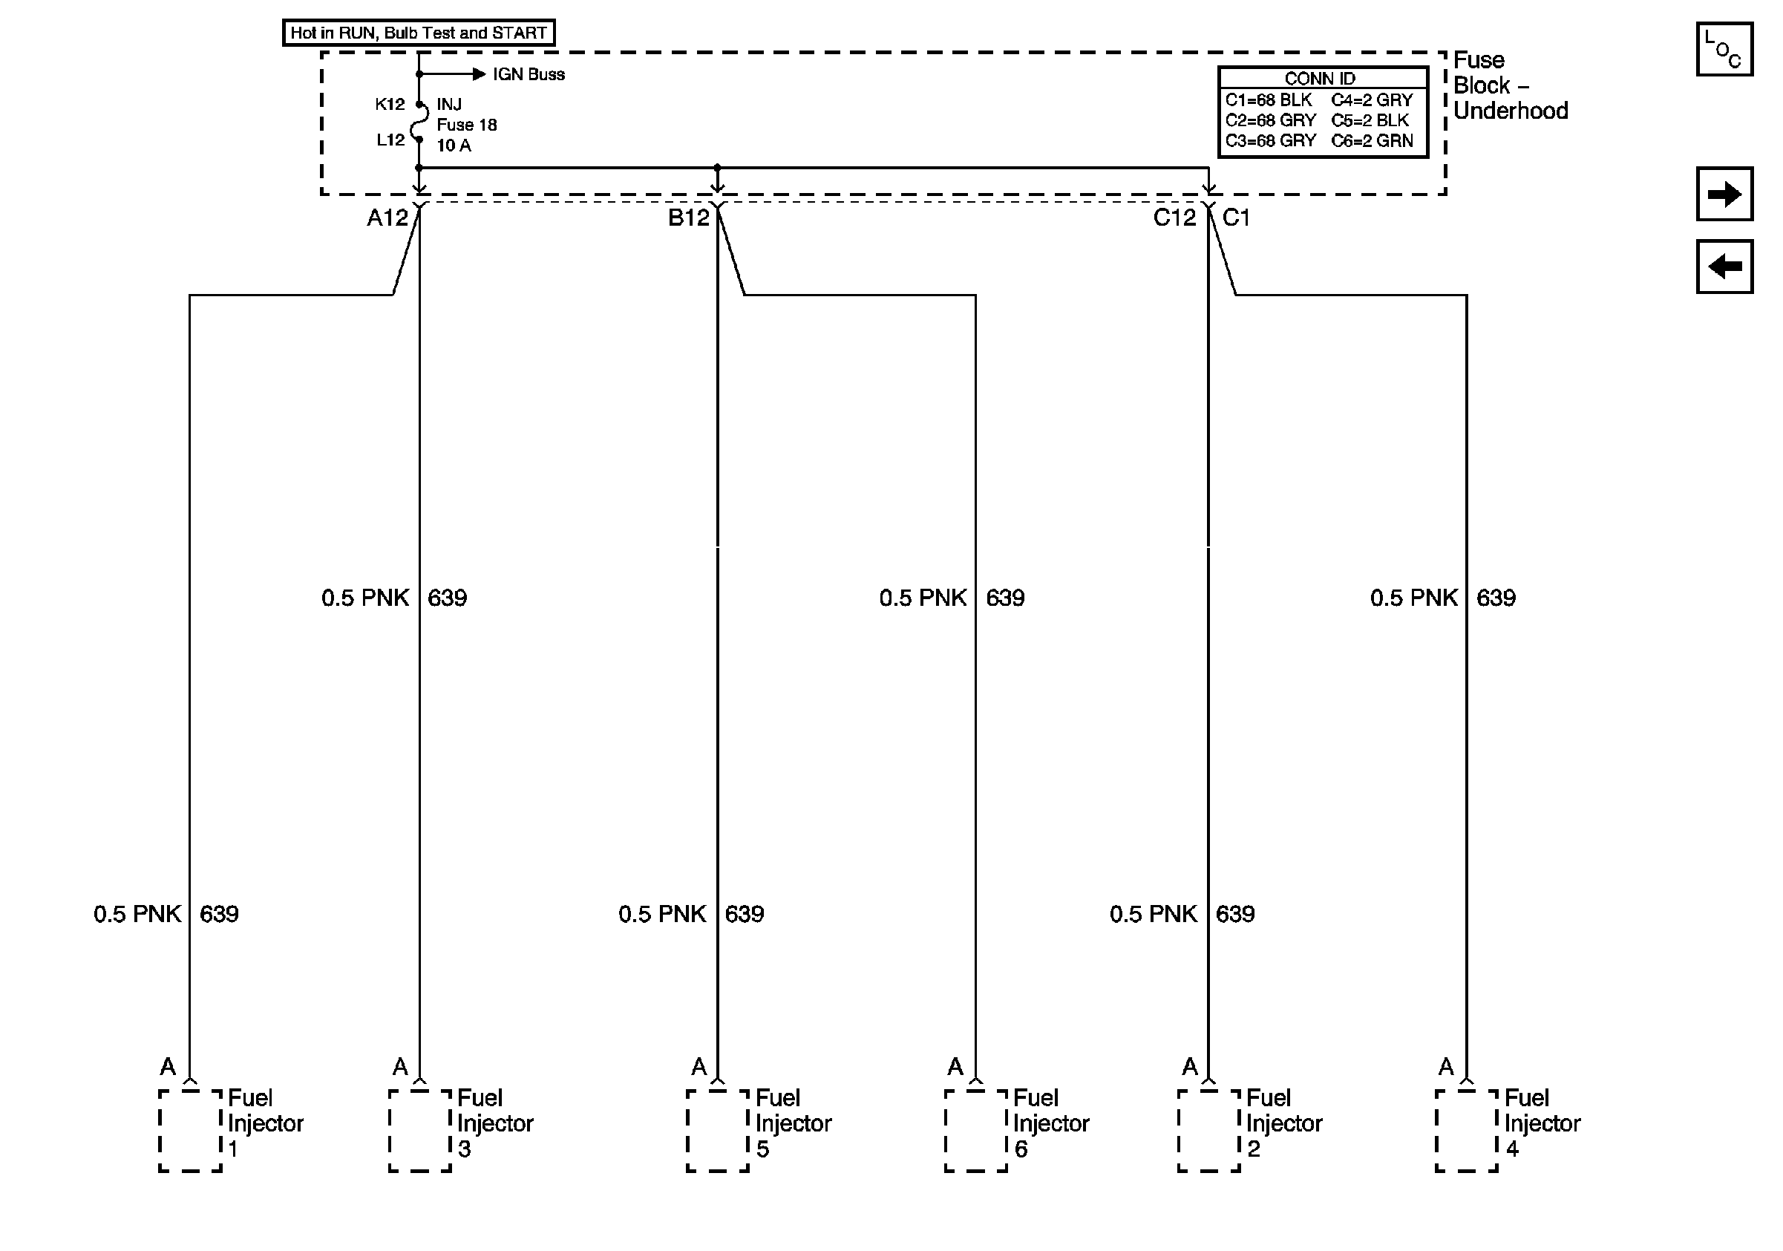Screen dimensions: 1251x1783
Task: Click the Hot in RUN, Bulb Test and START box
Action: click(x=419, y=33)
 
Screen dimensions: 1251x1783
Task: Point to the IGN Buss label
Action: click(x=528, y=74)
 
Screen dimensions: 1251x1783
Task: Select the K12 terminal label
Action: click(x=390, y=104)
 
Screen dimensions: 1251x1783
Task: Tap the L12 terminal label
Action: click(x=390, y=140)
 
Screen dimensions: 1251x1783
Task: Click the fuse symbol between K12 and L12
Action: click(x=419, y=122)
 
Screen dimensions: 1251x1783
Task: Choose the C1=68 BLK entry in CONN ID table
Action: click(x=1268, y=100)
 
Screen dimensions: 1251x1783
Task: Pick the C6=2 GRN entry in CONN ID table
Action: click(x=1373, y=141)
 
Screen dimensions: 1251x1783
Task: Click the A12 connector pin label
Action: click(x=387, y=218)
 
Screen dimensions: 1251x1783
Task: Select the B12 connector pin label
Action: click(x=688, y=218)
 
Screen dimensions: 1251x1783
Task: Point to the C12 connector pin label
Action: click(x=1174, y=218)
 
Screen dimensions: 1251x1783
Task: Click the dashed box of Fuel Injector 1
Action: click(x=190, y=1131)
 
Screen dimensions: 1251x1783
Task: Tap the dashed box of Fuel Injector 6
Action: click(x=976, y=1131)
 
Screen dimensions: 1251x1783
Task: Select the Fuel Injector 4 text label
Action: click(x=1542, y=1123)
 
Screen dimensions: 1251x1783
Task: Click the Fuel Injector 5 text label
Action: click(x=793, y=1123)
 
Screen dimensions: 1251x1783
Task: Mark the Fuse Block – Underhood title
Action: click(x=1509, y=85)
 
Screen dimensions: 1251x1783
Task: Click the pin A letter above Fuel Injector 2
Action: click(x=1190, y=1067)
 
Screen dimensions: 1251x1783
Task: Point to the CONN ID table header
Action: click(x=1320, y=79)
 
